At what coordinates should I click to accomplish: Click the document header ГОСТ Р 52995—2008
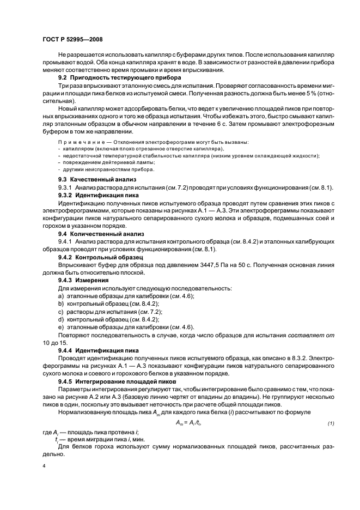[72, 40]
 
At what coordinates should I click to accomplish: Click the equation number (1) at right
[330, 423]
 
